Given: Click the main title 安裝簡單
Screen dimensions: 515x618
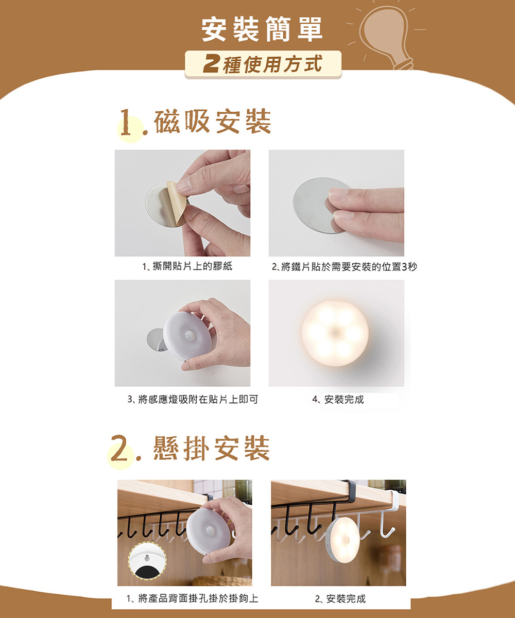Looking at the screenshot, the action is (262, 29).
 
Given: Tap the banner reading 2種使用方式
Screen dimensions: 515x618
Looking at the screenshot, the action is (263, 64).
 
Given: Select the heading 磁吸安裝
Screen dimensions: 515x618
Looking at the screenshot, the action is (212, 121).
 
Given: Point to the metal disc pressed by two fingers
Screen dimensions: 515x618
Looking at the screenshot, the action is (314, 205).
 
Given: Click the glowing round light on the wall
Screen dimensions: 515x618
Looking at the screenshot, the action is (335, 333).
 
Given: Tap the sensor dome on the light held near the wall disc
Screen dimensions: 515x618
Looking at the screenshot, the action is (189, 335).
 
